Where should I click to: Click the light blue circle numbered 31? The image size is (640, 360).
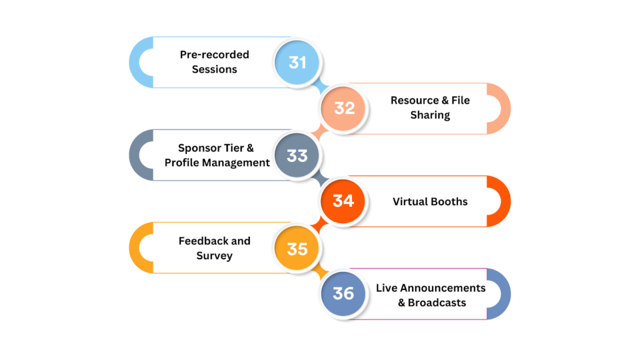click(297, 62)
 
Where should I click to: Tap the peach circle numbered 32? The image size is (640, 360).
click(343, 108)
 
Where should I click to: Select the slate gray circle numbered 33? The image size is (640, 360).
click(297, 155)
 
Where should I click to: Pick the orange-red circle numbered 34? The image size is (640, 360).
click(343, 201)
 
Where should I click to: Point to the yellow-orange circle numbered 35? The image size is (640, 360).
click(297, 248)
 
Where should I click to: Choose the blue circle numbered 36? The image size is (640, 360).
click(343, 294)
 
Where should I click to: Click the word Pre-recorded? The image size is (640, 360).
click(214, 54)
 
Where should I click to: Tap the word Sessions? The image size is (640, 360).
click(214, 69)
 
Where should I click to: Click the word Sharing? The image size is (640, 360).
click(430, 115)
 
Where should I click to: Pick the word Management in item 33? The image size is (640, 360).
click(239, 162)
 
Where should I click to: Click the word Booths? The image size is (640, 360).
click(449, 201)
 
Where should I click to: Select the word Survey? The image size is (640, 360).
click(214, 256)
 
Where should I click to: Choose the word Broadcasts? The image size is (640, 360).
click(437, 302)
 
